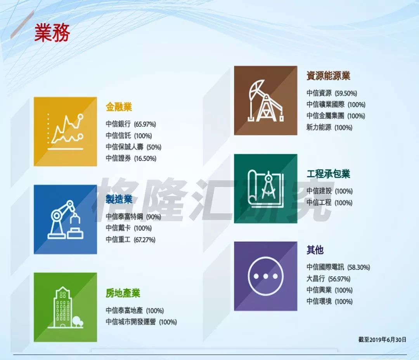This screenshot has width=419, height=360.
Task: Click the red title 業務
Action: (x=52, y=32)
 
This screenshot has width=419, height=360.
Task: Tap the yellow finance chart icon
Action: (x=65, y=132)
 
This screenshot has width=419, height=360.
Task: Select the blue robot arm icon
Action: (x=65, y=220)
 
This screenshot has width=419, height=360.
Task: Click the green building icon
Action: (x=65, y=307)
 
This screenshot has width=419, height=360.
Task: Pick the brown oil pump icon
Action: (x=266, y=100)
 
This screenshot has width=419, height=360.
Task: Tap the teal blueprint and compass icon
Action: (x=266, y=189)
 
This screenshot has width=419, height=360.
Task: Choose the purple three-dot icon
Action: (x=266, y=276)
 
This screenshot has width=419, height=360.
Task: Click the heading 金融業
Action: (x=119, y=107)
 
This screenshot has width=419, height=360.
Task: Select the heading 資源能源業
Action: (x=328, y=76)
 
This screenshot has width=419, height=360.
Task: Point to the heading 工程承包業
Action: (x=328, y=174)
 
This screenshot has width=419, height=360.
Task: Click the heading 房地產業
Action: (x=123, y=293)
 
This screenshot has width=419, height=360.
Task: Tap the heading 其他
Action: (x=315, y=250)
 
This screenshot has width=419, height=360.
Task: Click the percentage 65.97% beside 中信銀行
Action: (x=145, y=124)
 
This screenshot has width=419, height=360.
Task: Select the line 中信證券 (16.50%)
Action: (x=131, y=159)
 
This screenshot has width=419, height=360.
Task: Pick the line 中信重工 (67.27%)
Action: (x=130, y=240)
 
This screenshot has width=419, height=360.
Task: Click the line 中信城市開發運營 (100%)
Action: (x=141, y=322)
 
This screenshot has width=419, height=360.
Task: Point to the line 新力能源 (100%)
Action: (x=329, y=128)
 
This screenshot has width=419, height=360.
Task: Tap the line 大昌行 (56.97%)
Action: (x=329, y=279)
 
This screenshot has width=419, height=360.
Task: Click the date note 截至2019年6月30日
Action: (x=383, y=340)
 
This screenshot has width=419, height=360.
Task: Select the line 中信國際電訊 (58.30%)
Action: (x=338, y=267)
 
